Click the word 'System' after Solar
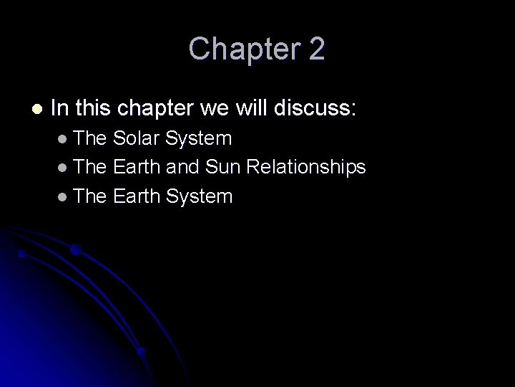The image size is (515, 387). [x=200, y=138]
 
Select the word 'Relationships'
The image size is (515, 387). [x=306, y=167]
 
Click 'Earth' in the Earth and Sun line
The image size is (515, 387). [x=137, y=167]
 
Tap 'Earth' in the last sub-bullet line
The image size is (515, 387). [x=137, y=196]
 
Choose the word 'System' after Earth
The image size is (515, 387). [x=201, y=196]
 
